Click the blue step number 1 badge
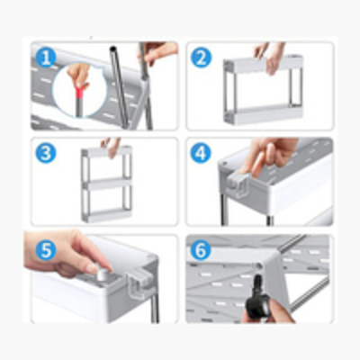[x=46, y=58]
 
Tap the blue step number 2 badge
[x=201, y=58]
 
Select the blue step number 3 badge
[x=46, y=153]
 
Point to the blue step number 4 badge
[x=201, y=153]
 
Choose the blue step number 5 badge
[x=46, y=249]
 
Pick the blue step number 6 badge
[x=201, y=249]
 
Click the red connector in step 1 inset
[x=79, y=93]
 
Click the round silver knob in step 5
[x=102, y=274]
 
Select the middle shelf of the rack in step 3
[x=107, y=184]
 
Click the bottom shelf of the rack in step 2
[x=264, y=115]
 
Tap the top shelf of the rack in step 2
[x=264, y=64]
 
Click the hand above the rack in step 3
[x=111, y=147]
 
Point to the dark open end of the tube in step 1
[x=113, y=49]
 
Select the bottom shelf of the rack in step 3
[x=107, y=215]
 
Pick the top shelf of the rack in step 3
[x=107, y=152]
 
